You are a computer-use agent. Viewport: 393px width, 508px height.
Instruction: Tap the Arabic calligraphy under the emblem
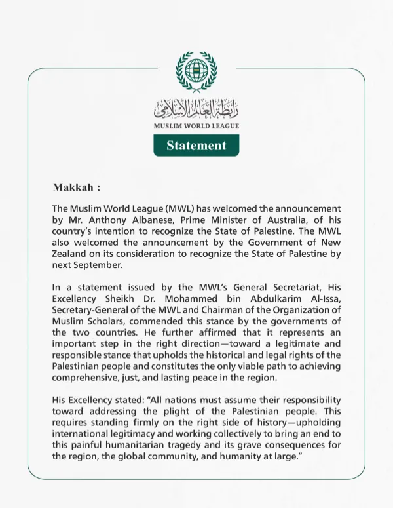[x=196, y=108]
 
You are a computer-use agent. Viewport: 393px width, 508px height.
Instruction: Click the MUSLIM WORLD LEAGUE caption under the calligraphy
[x=196, y=126]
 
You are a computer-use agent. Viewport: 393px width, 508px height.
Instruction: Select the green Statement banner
[x=196, y=146]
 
